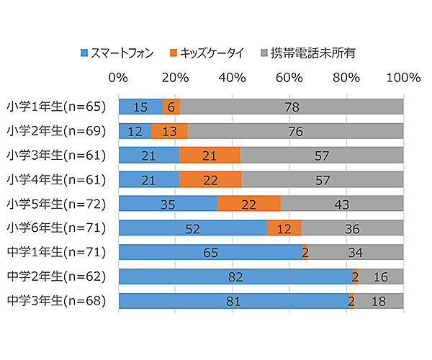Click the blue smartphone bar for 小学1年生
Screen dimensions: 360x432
click(140, 107)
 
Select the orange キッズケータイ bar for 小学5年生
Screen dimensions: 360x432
click(248, 204)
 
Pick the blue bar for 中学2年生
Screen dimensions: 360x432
click(235, 276)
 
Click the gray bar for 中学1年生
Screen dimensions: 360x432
click(355, 252)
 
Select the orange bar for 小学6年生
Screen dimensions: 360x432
click(284, 228)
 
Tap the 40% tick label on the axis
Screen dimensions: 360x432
click(232, 78)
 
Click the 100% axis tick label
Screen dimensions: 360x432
click(403, 78)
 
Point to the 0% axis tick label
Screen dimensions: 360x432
click(118, 78)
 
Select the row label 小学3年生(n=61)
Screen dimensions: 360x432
click(56, 155)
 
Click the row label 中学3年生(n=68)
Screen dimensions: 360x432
click(56, 301)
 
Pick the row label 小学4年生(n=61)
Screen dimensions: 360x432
click(56, 179)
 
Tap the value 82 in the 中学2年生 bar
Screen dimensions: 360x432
click(234, 277)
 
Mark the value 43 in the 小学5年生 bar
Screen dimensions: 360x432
click(341, 204)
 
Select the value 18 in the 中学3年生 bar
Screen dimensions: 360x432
click(379, 302)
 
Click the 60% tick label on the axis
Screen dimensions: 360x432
click(289, 78)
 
